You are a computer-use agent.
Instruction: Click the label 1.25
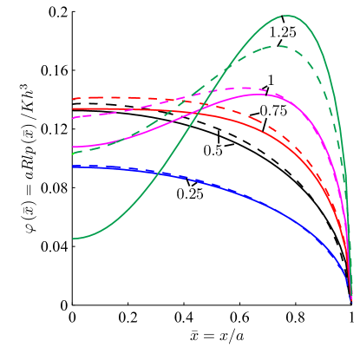click(283, 32)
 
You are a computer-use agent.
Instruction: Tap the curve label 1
click(271, 81)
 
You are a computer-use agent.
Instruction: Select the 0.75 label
click(274, 111)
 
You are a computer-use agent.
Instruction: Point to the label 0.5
click(213, 150)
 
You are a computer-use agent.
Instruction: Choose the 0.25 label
click(190, 193)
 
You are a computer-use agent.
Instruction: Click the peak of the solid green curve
click(292, 16)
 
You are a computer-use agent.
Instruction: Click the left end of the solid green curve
click(73, 238)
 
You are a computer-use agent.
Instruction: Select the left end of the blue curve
click(73, 166)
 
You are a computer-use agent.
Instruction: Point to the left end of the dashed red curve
click(73, 99)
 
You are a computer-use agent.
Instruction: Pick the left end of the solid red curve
click(73, 109)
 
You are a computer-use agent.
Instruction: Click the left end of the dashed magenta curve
click(73, 117)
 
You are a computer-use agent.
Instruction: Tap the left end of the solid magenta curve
click(73, 147)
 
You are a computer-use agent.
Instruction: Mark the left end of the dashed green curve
click(73, 154)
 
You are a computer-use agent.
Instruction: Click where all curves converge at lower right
click(351, 299)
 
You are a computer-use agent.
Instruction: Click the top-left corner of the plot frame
click(72, 11)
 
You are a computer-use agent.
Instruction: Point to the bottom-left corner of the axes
click(72, 304)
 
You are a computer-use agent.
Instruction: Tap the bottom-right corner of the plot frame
click(352, 304)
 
